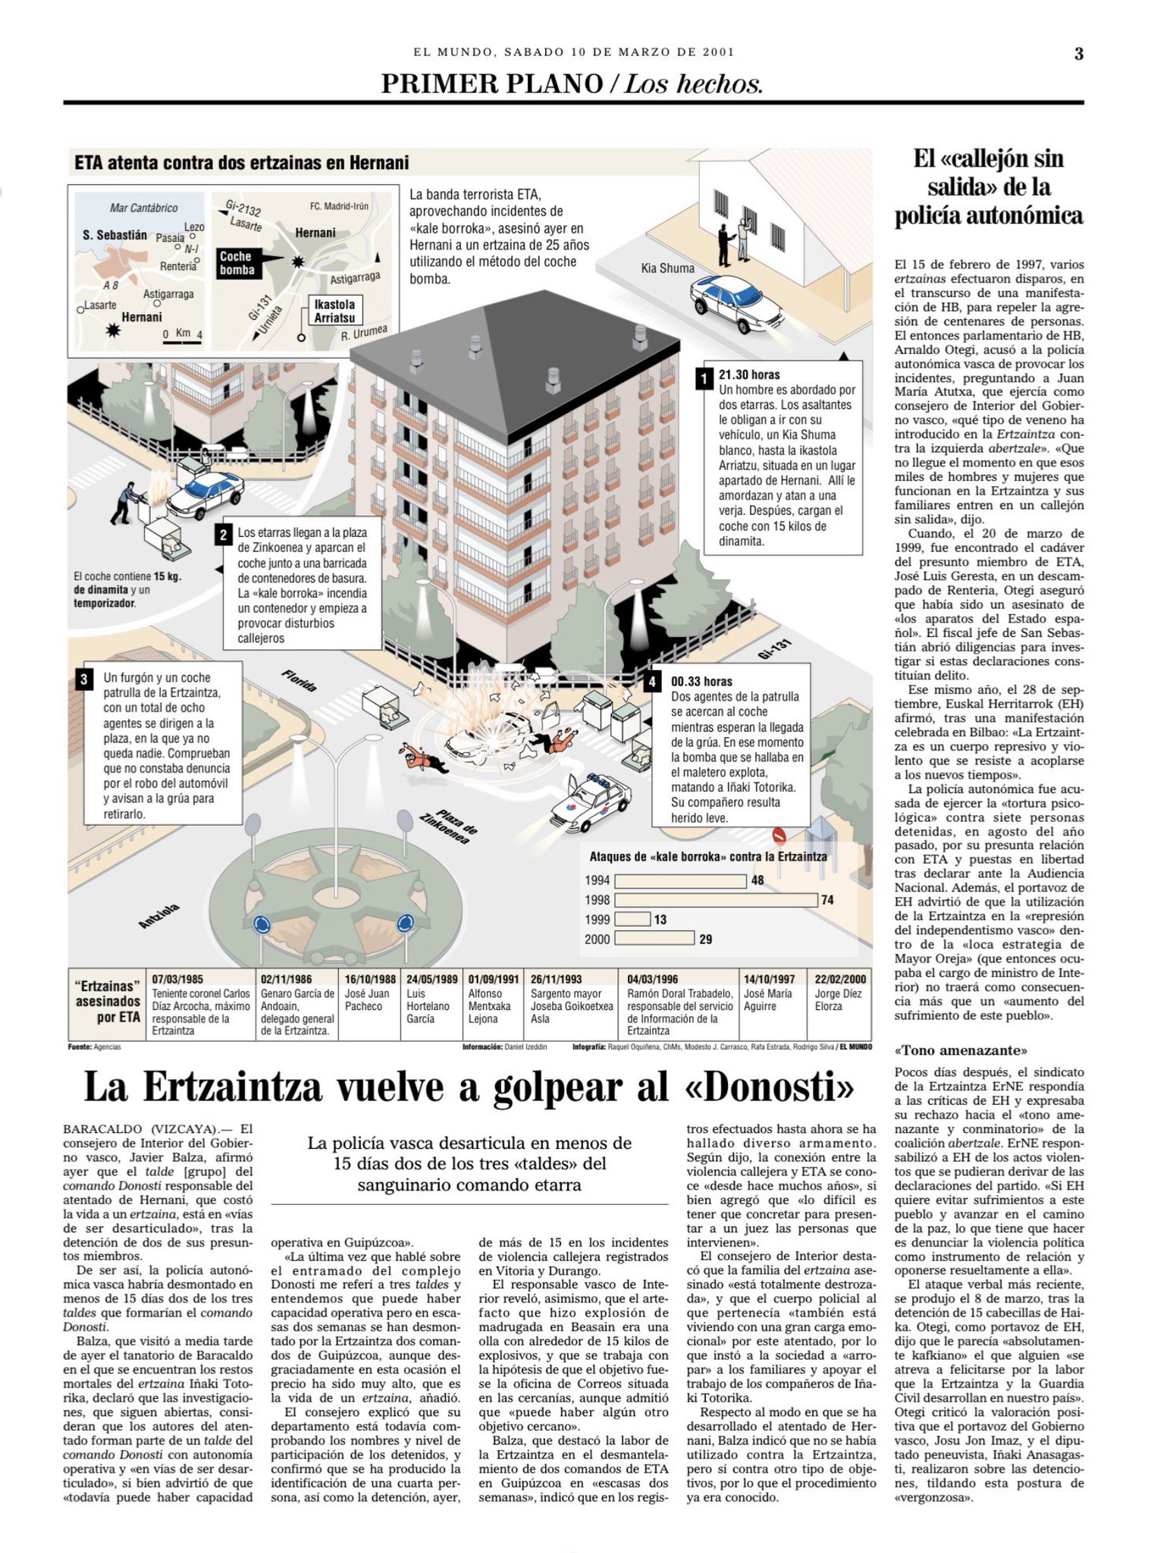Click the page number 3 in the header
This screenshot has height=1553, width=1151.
[1078, 53]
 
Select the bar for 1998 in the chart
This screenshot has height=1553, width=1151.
[716, 900]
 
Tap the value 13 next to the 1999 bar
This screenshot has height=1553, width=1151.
[660, 920]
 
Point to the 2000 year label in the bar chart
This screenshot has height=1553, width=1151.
[597, 940]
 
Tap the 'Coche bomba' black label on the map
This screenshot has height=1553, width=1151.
[237, 263]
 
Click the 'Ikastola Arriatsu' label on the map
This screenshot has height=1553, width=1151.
[334, 311]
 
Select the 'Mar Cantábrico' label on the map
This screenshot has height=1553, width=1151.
[144, 208]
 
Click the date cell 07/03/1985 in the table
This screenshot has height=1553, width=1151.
[177, 979]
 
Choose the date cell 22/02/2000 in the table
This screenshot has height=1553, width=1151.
[840, 979]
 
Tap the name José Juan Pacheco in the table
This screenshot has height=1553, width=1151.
[368, 999]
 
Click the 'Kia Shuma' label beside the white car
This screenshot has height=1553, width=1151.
[667, 268]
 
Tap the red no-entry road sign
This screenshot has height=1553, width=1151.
[779, 835]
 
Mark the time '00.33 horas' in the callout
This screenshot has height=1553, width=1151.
[701, 682]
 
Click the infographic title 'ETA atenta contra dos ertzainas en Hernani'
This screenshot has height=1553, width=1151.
[242, 163]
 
